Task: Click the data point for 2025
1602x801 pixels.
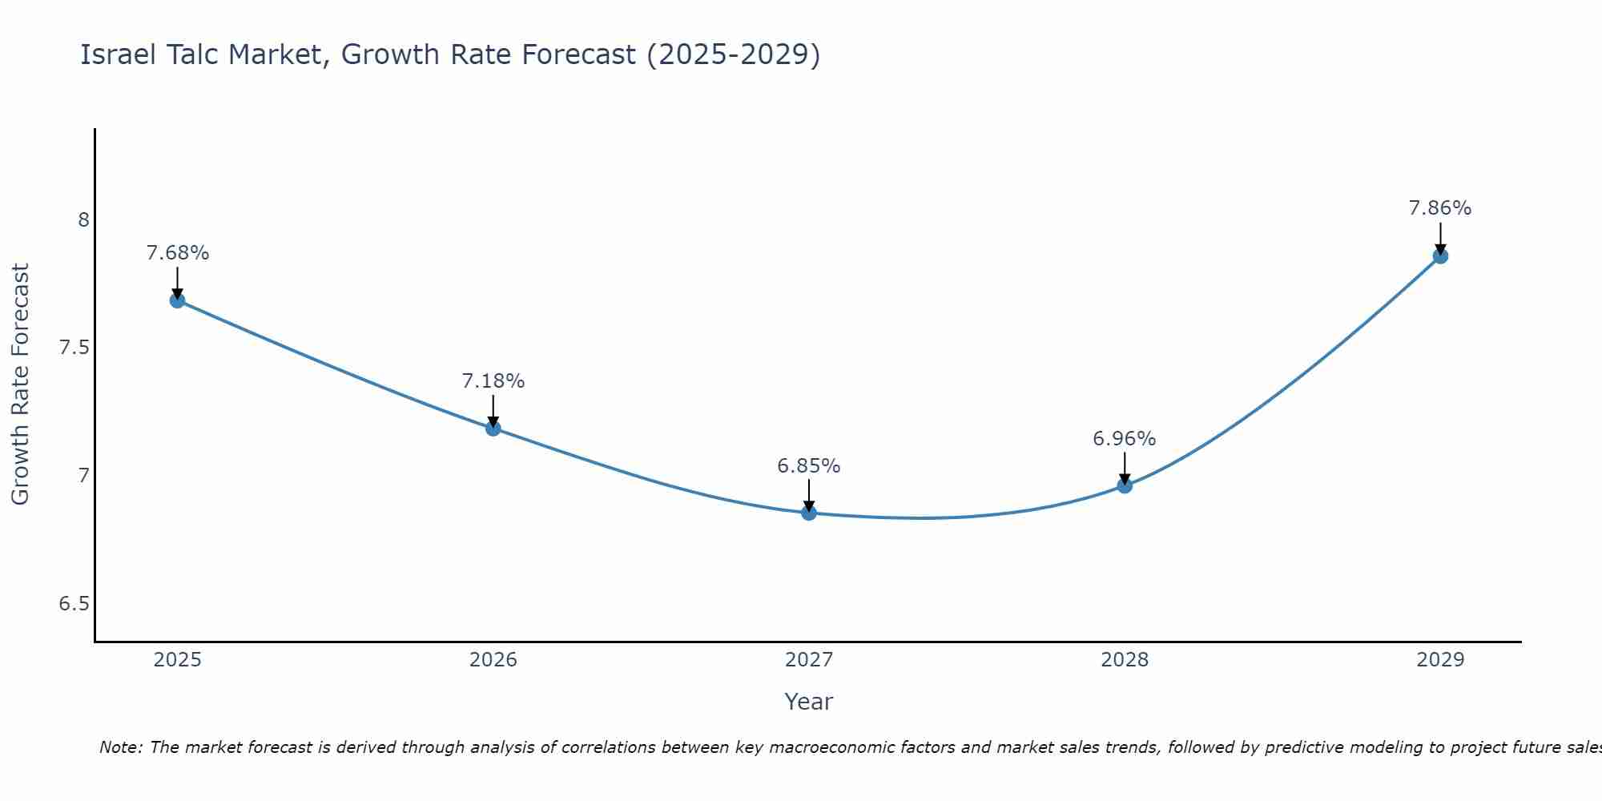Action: (177, 300)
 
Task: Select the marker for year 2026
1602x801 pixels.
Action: (493, 429)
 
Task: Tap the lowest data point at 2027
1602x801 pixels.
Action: (808, 513)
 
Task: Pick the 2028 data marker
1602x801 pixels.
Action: (1124, 485)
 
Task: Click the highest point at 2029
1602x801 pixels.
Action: (1439, 256)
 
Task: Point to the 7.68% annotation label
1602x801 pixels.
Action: (177, 253)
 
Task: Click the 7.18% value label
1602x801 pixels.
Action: (493, 381)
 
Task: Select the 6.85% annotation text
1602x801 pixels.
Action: (808, 466)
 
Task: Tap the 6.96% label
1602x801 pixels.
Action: (1124, 439)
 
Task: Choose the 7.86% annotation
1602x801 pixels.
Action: (1439, 208)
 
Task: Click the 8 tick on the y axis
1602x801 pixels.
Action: (83, 219)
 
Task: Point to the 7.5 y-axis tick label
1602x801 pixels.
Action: (74, 348)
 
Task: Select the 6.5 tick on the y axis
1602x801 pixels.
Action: (74, 604)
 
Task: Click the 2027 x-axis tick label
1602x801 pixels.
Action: (808, 660)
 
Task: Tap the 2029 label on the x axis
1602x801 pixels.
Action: (1439, 660)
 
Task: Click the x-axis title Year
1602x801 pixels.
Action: (808, 702)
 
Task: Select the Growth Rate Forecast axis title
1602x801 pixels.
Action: (20, 384)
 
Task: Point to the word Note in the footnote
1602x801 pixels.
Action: (119, 747)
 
